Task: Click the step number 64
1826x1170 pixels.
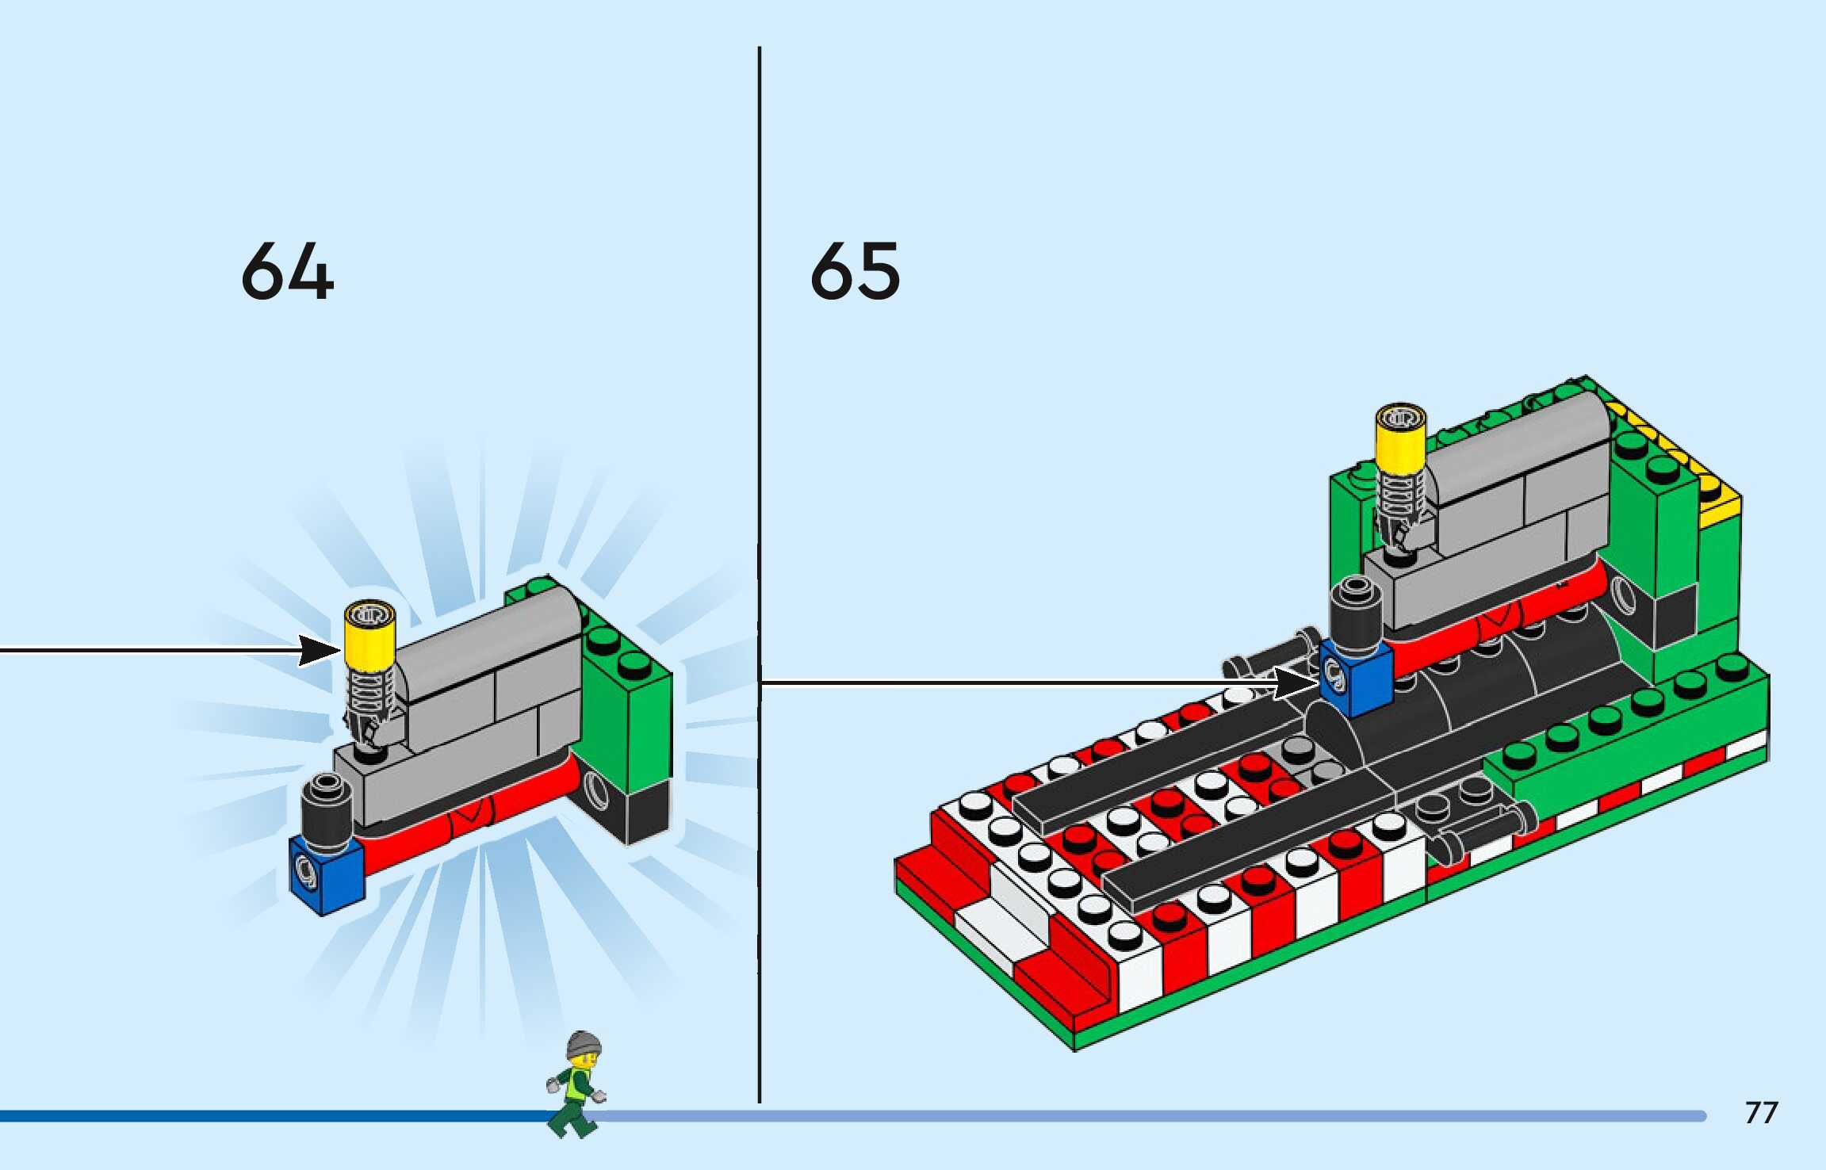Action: [x=287, y=271]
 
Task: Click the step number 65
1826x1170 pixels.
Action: [x=855, y=271]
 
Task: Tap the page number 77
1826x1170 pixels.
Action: [x=1761, y=1113]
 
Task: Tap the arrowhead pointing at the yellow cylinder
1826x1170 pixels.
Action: [x=321, y=651]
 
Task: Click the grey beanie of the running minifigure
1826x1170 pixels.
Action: [x=584, y=1044]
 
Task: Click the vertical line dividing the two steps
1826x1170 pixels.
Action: [x=759, y=555]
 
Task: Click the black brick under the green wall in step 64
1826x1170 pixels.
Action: [x=646, y=812]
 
